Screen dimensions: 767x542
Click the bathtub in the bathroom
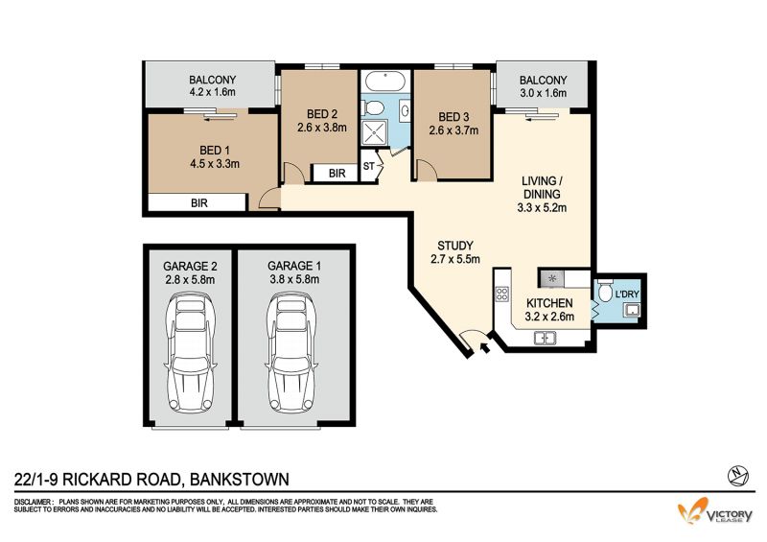pos(385,82)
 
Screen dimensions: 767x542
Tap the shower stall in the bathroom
pos(374,132)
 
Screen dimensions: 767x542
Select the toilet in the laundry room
pos(605,291)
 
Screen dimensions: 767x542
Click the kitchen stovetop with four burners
pos(501,294)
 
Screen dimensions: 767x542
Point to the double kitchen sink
pos(545,338)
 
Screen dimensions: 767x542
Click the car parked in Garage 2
pos(190,352)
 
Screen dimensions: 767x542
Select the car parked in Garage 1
pos(291,352)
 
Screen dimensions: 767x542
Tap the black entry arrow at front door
pos(485,347)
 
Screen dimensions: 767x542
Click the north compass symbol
pos(738,475)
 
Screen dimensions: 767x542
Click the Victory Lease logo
pos(714,511)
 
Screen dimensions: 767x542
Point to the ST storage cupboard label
pos(368,167)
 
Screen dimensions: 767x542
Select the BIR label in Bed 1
pos(199,202)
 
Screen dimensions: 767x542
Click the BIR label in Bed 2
pos(337,174)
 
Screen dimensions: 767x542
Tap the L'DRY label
pos(627,295)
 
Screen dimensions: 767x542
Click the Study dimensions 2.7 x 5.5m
pos(454,259)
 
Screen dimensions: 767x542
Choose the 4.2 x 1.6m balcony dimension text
pos(212,92)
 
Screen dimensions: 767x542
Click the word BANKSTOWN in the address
pos(239,479)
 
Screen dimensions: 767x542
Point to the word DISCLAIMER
pos(33,503)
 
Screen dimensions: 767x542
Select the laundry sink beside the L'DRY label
pos(630,310)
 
